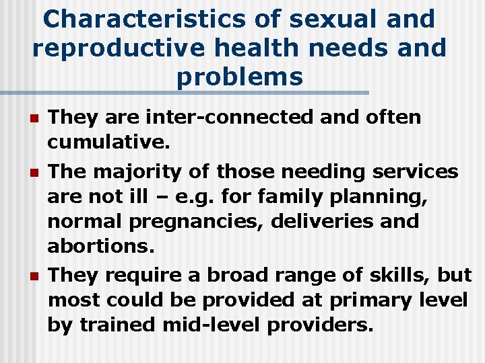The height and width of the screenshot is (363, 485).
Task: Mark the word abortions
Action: click(100, 245)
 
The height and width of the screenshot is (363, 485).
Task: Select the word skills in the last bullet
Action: click(409, 276)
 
